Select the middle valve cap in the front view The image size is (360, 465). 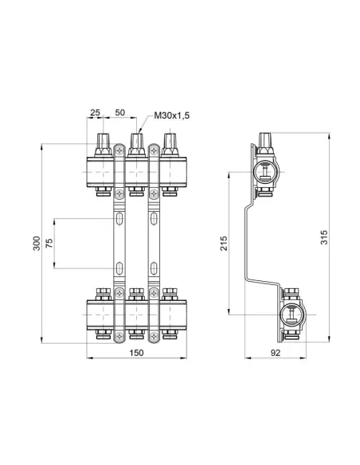[x=136, y=144]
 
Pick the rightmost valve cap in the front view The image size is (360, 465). [x=168, y=144]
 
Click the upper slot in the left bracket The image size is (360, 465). [x=118, y=219]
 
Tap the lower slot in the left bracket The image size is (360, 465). [x=118, y=268]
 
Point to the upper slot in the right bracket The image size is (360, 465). [x=151, y=219]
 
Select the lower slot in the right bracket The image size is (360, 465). [x=151, y=268]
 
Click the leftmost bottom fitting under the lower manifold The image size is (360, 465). [x=102, y=332]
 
